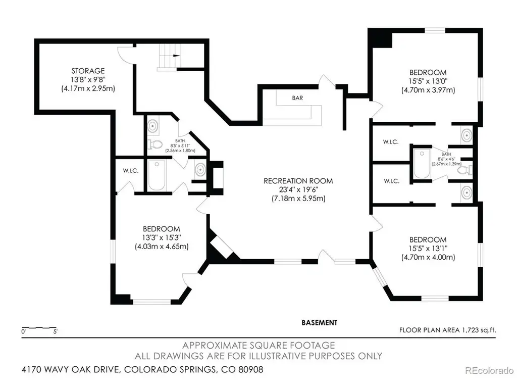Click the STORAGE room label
coord(88,71)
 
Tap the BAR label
coord(297,98)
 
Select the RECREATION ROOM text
coord(298,181)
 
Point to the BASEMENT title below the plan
coord(320,322)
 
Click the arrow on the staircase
coord(176,56)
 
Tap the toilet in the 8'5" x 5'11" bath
coord(156,144)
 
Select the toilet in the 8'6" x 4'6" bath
coord(465,170)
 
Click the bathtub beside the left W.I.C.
coord(157,175)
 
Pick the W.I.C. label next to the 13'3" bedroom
coord(131,171)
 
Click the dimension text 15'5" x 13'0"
coord(428,81)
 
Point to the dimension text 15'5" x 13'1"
coord(428,249)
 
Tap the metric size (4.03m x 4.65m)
coord(162,247)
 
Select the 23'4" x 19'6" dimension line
coord(298,190)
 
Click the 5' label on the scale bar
coord(55,331)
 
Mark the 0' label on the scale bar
coord(23,331)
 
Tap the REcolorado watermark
coord(489,370)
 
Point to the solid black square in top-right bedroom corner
coord(380,37)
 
